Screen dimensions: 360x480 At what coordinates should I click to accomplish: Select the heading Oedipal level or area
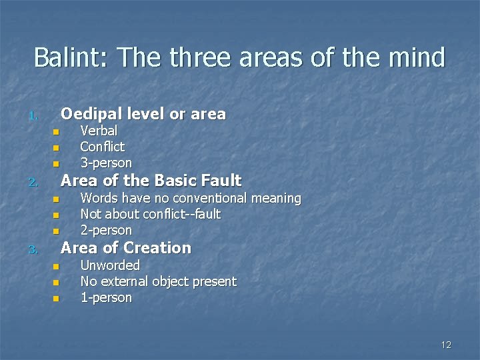[x=143, y=114]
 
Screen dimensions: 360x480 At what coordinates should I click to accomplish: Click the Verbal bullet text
[x=99, y=131]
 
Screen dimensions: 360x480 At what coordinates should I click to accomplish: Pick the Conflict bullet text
[x=102, y=147]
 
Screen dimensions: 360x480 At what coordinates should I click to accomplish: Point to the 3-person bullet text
[x=106, y=163]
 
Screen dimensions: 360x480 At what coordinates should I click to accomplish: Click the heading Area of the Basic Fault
[x=151, y=181]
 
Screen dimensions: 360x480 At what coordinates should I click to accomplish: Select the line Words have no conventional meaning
[x=190, y=198]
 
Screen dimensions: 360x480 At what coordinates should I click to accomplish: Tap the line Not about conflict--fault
[x=150, y=214]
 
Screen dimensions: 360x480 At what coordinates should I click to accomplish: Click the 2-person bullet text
[x=106, y=230]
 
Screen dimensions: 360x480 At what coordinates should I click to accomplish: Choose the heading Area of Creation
[x=125, y=248]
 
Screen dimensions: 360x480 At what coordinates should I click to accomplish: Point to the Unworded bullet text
[x=110, y=265]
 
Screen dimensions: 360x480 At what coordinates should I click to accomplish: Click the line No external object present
[x=158, y=281]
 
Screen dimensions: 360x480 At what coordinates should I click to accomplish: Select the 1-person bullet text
[x=106, y=297]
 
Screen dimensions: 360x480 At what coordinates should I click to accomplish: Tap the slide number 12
[x=446, y=345]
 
